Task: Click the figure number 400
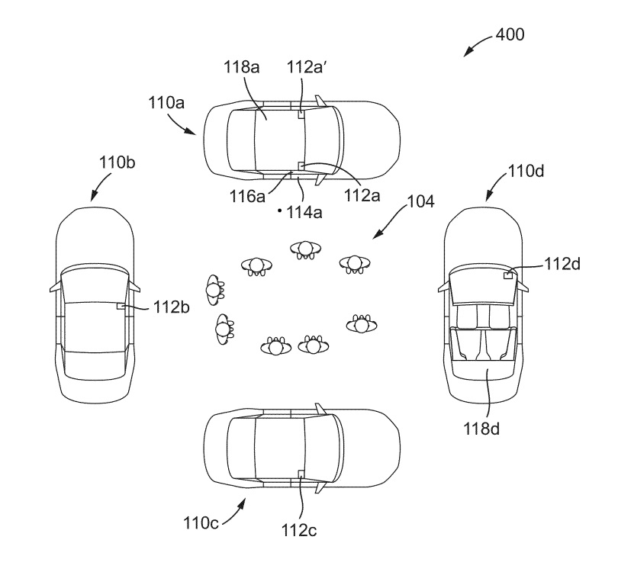tap(510, 34)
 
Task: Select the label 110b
tap(116, 162)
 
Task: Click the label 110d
tap(526, 172)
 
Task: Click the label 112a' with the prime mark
tap(307, 67)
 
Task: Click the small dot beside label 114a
tap(280, 209)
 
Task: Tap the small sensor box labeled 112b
tap(120, 306)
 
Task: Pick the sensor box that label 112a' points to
tap(301, 114)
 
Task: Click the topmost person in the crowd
tap(305, 249)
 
